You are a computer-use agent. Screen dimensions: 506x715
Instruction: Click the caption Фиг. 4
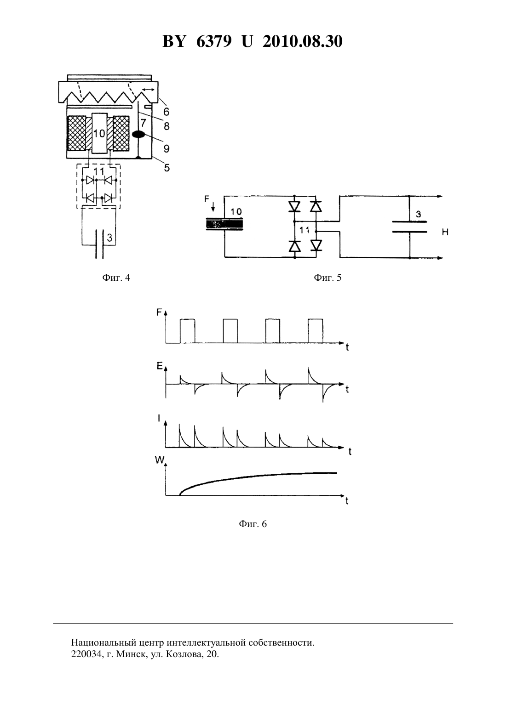pos(116,278)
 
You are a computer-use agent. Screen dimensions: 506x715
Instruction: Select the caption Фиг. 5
pos(328,278)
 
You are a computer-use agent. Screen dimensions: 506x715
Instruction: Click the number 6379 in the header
pos(214,41)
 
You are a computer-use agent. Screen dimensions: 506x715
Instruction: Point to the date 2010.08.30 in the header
pos(303,41)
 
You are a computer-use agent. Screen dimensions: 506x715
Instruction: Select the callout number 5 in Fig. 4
pos(167,168)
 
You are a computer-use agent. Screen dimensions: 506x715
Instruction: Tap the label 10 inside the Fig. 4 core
pos(99,133)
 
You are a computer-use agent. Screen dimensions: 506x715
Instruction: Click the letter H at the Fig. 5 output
pos(445,233)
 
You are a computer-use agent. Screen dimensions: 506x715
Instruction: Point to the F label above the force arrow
pos(207,199)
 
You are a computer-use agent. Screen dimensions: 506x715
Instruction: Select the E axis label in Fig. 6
pos(160,366)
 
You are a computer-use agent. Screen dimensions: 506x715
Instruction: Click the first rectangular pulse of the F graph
pos(187,331)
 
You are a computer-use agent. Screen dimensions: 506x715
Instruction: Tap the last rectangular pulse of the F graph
pos(315,331)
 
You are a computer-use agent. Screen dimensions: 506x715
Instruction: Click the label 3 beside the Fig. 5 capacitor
pos(419,214)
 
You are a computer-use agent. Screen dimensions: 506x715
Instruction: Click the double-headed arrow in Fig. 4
pos(148,90)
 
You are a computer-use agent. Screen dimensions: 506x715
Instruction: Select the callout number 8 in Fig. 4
pos(167,126)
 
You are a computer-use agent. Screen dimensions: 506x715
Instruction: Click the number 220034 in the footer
pos(86,654)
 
